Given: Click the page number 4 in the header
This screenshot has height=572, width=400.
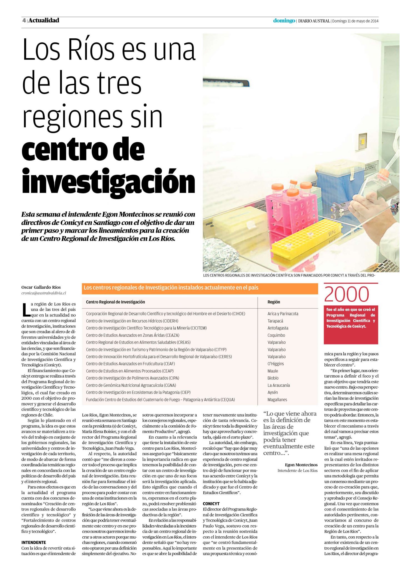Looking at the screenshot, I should pyautogui.click(x=24, y=21).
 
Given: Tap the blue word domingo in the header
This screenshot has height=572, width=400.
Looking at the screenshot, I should pyautogui.click(x=284, y=21).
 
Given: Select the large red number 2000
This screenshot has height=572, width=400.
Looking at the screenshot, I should pyautogui.click(x=346, y=294).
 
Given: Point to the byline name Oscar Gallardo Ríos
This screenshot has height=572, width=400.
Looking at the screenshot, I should pyautogui.click(x=41, y=287).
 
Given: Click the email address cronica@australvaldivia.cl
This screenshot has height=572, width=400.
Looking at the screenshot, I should pyautogui.click(x=44, y=293).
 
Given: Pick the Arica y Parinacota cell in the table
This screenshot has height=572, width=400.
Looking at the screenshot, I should pyautogui.click(x=283, y=314).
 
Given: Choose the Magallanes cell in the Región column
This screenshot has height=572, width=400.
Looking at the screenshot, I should pyautogui.click(x=277, y=400).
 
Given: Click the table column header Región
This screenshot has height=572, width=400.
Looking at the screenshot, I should pyautogui.click(x=274, y=302).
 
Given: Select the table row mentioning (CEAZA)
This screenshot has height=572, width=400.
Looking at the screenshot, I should pyautogui.click(x=133, y=335).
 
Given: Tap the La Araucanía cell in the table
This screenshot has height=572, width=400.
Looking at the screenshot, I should pyautogui.click(x=279, y=385).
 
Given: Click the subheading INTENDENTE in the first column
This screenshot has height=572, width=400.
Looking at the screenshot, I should pyautogui.click(x=34, y=542).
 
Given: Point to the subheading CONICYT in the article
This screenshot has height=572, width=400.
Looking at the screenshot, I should pyautogui.click(x=211, y=504).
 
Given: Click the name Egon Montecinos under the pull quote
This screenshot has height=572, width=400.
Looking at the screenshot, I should pyautogui.click(x=301, y=465).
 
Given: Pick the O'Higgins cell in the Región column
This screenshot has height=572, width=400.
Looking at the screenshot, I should pyautogui.click(x=276, y=364).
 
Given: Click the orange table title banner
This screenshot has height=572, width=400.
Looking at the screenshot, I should pyautogui.click(x=200, y=288).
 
